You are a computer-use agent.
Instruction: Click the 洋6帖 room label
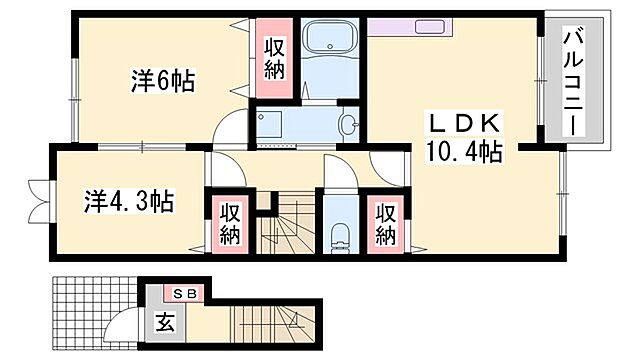pos(161,81)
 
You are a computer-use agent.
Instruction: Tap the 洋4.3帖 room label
pos(127,201)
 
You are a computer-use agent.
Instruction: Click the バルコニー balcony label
pos(575,80)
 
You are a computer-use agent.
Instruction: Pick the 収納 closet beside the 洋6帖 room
pos(276,58)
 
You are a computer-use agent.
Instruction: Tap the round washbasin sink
pos(347,125)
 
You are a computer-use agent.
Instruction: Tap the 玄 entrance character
pos(163,322)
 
